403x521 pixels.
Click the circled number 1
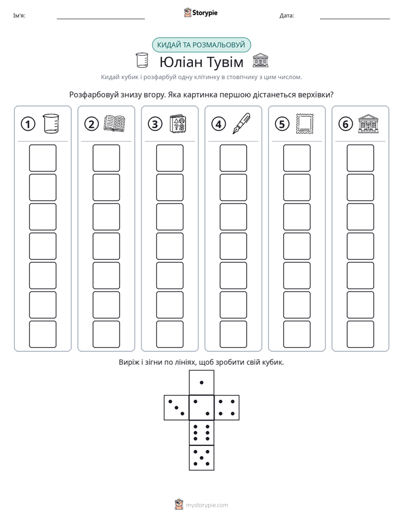pyautogui.click(x=28, y=124)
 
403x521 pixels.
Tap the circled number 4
pyautogui.click(x=218, y=124)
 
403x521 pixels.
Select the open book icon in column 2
pyautogui.click(x=115, y=124)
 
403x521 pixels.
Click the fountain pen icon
pyautogui.click(x=242, y=123)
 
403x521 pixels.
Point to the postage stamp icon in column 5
pyautogui.click(x=305, y=123)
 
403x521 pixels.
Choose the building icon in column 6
pyautogui.click(x=369, y=123)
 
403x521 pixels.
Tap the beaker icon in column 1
pyautogui.click(x=51, y=123)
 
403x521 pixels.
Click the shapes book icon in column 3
pyautogui.click(x=178, y=124)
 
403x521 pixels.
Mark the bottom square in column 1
pyautogui.click(x=42, y=334)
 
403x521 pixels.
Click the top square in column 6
pyautogui.click(x=361, y=158)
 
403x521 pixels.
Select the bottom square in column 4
pyautogui.click(x=234, y=334)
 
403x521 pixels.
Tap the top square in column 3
pyautogui.click(x=170, y=158)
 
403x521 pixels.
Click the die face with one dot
pyautogui.click(x=201, y=382)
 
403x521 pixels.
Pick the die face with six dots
pyautogui.click(x=201, y=432)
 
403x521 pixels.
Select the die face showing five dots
pyautogui.click(x=201, y=457)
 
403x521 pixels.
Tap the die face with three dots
pyautogui.click(x=177, y=408)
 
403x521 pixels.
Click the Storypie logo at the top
pyautogui.click(x=200, y=12)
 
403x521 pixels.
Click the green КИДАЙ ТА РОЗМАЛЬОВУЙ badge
pyautogui.click(x=201, y=45)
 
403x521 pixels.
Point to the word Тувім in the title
pyautogui.click(x=224, y=62)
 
